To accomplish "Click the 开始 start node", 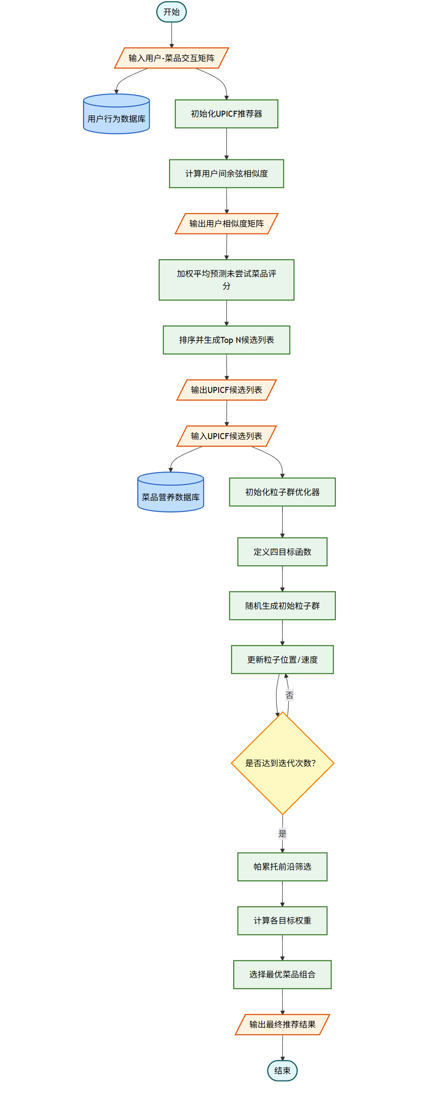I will [172, 12].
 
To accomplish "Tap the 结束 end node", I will [282, 1070].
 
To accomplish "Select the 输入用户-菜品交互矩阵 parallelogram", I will [172, 58].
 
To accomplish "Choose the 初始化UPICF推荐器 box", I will [226, 114].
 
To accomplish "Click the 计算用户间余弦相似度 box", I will [226, 174].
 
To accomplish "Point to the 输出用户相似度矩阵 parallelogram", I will [226, 224].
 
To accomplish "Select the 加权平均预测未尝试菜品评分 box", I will [226, 280].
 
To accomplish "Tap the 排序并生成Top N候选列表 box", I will [226, 340].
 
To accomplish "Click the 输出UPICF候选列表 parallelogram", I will [226, 390].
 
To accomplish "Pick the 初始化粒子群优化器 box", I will [282, 492].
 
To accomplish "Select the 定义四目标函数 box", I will [282, 552].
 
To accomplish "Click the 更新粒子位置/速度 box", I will [282, 660].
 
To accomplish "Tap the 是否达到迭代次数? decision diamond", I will [282, 763].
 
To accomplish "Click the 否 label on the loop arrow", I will [290, 695].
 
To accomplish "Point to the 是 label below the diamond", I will [282, 833].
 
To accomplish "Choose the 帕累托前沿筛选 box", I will [282, 867].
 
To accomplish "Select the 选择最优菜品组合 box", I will [282, 974].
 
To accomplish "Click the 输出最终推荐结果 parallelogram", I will [282, 1024].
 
